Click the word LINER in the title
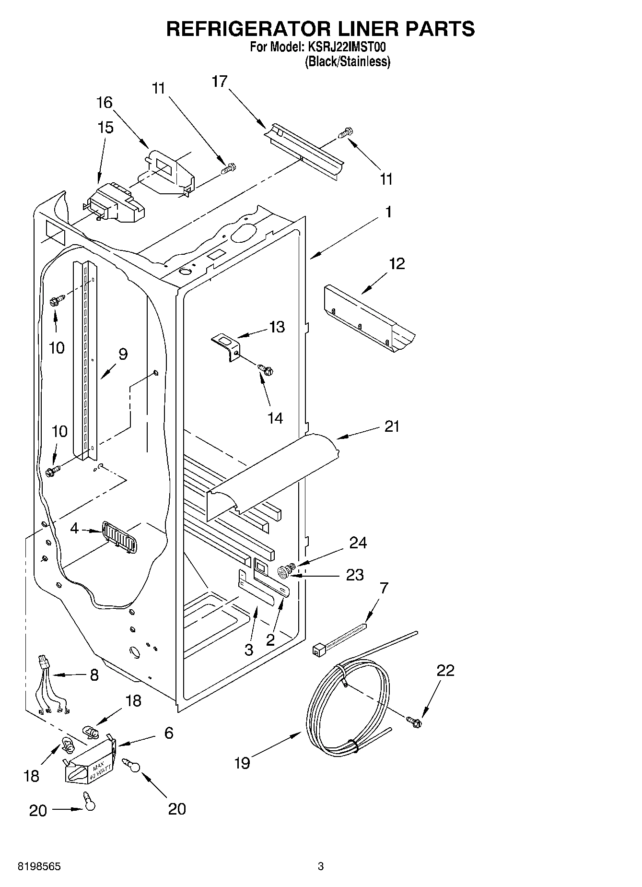364,29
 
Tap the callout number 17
219,82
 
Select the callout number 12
397,263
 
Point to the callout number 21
392,426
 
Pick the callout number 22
445,670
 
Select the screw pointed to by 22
414,720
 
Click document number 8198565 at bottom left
39,866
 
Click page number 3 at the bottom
321,866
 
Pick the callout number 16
105,102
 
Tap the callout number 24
358,543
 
